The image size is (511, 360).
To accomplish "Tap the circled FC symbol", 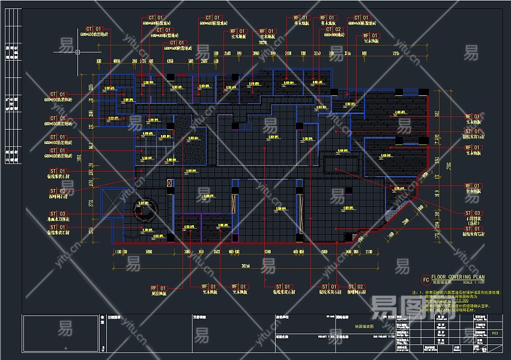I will click(x=426, y=280).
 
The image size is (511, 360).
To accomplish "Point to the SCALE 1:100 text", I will click(x=475, y=282).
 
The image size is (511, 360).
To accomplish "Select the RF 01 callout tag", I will click(x=158, y=287).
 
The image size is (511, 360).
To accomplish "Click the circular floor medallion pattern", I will click(x=144, y=212).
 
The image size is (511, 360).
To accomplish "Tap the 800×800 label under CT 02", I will click(x=333, y=35).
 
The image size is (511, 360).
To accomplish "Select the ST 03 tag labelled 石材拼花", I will click(x=473, y=213).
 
